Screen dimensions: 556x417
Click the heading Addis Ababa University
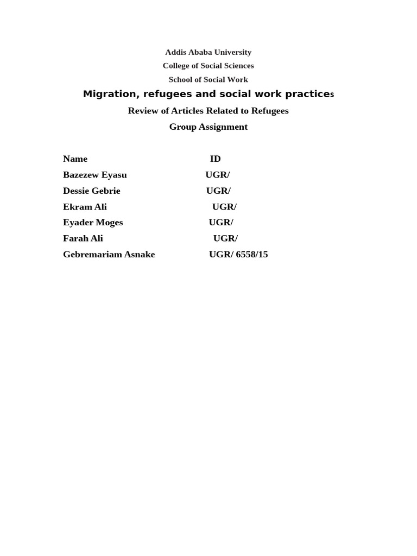[x=208, y=52]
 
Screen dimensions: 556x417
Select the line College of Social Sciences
[x=208, y=66]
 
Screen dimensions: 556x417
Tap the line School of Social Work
[x=208, y=79]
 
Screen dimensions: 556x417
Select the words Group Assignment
[x=208, y=127]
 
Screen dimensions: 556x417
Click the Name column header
[x=75, y=159]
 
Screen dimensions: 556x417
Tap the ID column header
[x=215, y=159]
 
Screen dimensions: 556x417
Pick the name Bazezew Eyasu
[x=94, y=175]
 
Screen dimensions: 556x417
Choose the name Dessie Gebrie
[x=91, y=191]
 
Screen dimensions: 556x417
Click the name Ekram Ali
[x=85, y=207]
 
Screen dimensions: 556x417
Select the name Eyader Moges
[x=93, y=223]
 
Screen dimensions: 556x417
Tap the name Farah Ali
[x=83, y=238]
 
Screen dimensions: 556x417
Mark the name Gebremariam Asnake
[x=109, y=255]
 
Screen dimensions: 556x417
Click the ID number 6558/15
[x=252, y=255]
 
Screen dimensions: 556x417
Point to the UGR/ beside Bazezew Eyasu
[x=217, y=175]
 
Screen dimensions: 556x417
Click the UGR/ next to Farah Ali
[x=225, y=238]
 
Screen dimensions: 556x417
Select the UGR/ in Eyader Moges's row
[x=221, y=223]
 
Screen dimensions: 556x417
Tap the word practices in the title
[x=309, y=94]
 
